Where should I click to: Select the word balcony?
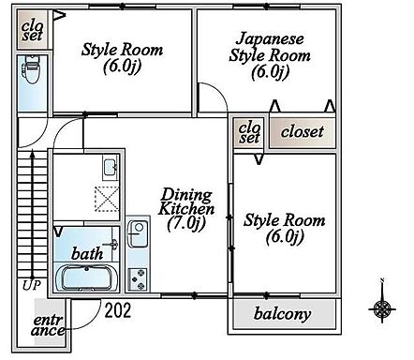pyautogui.click(x=282, y=313)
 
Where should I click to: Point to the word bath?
pyautogui.click(x=86, y=253)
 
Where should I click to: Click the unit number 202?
pyautogui.click(x=117, y=308)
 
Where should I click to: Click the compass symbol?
pyautogui.click(x=381, y=307)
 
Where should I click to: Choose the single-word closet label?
pyautogui.click(x=301, y=132)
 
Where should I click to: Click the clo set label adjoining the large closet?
pyautogui.click(x=249, y=132)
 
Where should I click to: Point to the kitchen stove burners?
pyautogui.click(x=138, y=277)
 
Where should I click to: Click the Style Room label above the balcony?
pyautogui.click(x=284, y=229)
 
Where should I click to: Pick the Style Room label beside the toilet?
pyautogui.click(x=122, y=58)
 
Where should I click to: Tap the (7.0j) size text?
pyautogui.click(x=186, y=224)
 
